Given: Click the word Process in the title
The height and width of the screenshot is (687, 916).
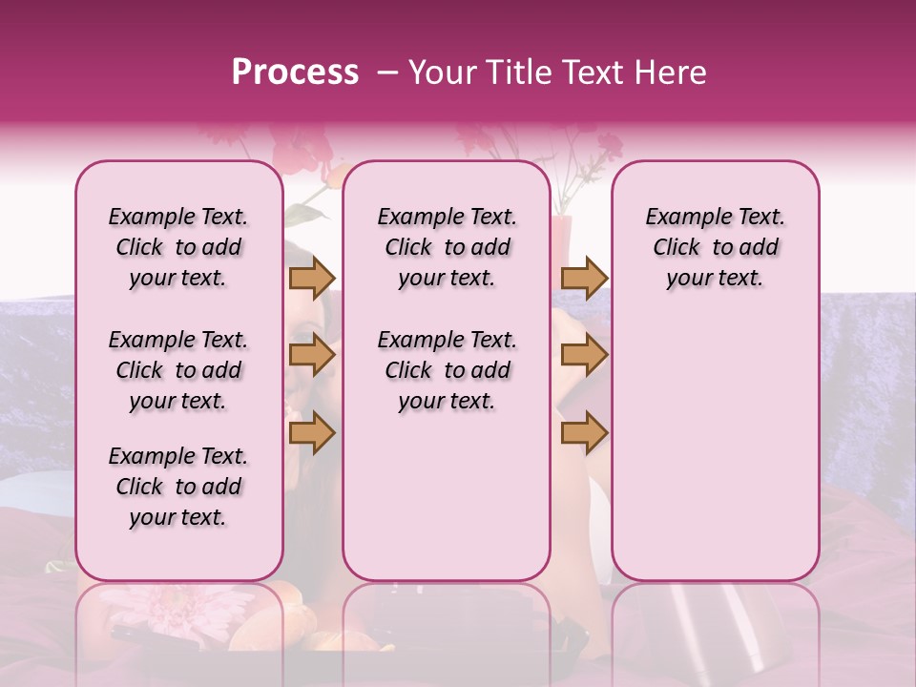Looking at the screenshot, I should (x=295, y=73).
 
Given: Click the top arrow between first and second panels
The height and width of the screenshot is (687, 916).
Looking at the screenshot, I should (x=311, y=278).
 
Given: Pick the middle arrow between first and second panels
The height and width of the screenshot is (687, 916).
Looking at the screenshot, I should (x=311, y=355).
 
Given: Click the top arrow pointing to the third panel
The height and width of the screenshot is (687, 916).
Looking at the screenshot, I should (x=584, y=278).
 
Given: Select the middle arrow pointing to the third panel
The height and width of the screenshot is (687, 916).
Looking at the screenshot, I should (x=584, y=355).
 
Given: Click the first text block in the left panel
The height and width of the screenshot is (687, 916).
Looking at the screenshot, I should (x=178, y=247).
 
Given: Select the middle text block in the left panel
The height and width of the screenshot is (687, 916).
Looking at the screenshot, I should (x=178, y=370).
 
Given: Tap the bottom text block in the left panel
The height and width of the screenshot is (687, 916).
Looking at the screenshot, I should (x=178, y=487).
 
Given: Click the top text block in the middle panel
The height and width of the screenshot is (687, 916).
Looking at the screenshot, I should (x=447, y=247).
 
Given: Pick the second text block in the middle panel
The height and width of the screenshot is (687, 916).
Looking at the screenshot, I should (x=447, y=370).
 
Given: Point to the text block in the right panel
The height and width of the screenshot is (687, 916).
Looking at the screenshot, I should (x=716, y=247).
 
